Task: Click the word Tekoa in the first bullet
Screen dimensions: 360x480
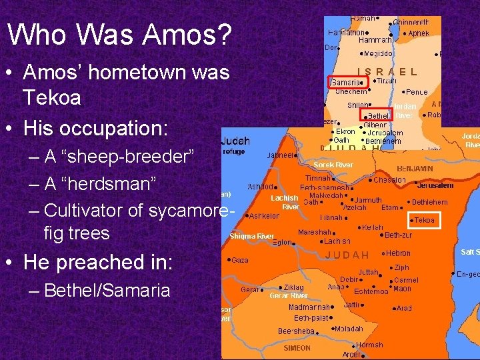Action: (x=52, y=97)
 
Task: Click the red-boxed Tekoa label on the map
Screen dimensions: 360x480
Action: (x=424, y=220)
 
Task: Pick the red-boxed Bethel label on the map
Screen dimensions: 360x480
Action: (x=379, y=115)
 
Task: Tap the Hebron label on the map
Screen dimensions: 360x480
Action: (x=398, y=253)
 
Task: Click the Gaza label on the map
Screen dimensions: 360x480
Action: (x=239, y=260)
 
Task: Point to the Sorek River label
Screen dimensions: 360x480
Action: (x=333, y=164)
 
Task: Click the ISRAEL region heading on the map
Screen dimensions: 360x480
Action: (x=387, y=71)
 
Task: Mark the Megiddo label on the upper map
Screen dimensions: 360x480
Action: (x=377, y=53)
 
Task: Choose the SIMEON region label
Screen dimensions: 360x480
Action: (x=297, y=348)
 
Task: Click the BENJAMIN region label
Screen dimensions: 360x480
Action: (x=415, y=169)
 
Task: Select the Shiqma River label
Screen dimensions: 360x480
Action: (x=251, y=236)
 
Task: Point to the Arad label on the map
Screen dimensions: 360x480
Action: (x=404, y=309)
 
